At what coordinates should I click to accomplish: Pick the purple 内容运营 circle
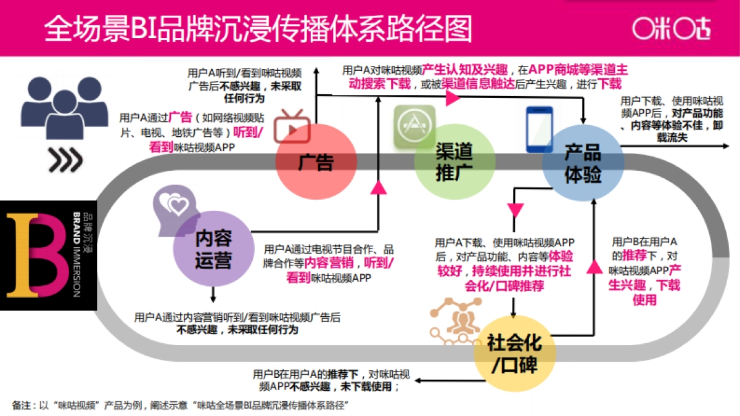pos(213,250)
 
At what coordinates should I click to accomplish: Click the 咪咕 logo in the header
pos(670,28)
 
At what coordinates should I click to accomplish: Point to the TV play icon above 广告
pos(292,125)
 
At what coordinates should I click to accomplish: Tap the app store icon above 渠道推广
pos(414,126)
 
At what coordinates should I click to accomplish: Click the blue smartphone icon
pos(539,129)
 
